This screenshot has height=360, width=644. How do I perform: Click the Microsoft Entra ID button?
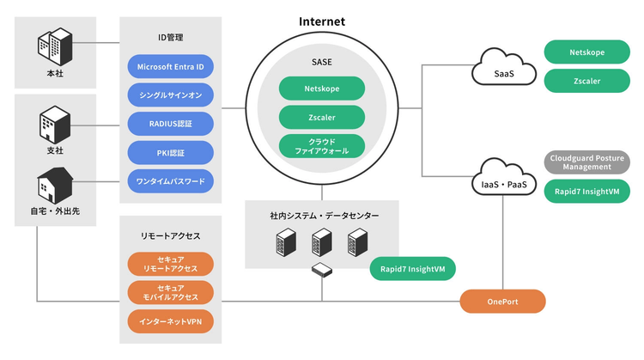[x=170, y=66]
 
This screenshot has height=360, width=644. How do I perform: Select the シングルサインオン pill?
[x=170, y=95]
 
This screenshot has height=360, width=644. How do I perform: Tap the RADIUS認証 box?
[x=170, y=124]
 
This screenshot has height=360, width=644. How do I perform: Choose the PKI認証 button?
[x=170, y=153]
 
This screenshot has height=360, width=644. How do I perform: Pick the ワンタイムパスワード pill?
[x=170, y=182]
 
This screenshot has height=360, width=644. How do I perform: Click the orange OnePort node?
[x=502, y=302]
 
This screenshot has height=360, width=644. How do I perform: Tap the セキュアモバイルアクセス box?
[x=170, y=293]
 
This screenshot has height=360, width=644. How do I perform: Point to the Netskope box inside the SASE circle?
[x=322, y=88]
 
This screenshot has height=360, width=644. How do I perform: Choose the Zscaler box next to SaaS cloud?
[x=587, y=81]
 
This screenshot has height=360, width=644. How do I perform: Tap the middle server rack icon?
[x=321, y=246]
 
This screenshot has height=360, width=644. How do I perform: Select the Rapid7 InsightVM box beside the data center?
[x=412, y=269]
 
